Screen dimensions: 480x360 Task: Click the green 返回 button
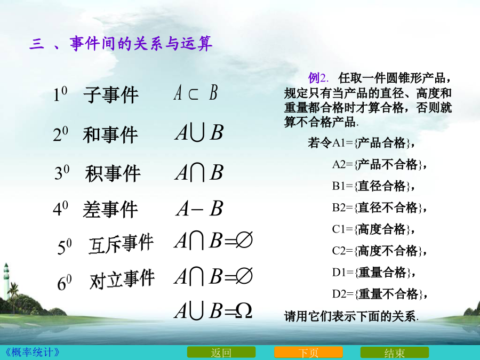tap(221, 353)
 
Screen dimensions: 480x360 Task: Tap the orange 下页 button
tap(308, 353)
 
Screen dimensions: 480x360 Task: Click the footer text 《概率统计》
tap(31, 352)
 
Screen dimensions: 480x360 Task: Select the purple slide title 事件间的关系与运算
tap(141, 43)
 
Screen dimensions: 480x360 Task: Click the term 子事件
tap(111, 94)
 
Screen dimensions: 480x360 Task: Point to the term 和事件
tap(110, 135)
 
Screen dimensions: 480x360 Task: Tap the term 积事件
tap(113, 173)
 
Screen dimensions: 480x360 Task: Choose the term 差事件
tap(110, 210)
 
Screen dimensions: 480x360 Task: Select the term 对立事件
tap(122, 279)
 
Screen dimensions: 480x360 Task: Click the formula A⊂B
tap(196, 92)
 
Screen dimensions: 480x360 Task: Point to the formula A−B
tap(199, 209)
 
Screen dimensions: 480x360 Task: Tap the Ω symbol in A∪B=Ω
tap(244, 311)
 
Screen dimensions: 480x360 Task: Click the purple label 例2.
tap(318, 78)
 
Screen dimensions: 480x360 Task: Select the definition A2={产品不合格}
tap(379, 164)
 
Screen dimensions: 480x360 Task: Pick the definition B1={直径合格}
tap(373, 186)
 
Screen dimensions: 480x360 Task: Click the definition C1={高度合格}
tap(373, 229)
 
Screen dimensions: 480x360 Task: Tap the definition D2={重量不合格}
tap(380, 294)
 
